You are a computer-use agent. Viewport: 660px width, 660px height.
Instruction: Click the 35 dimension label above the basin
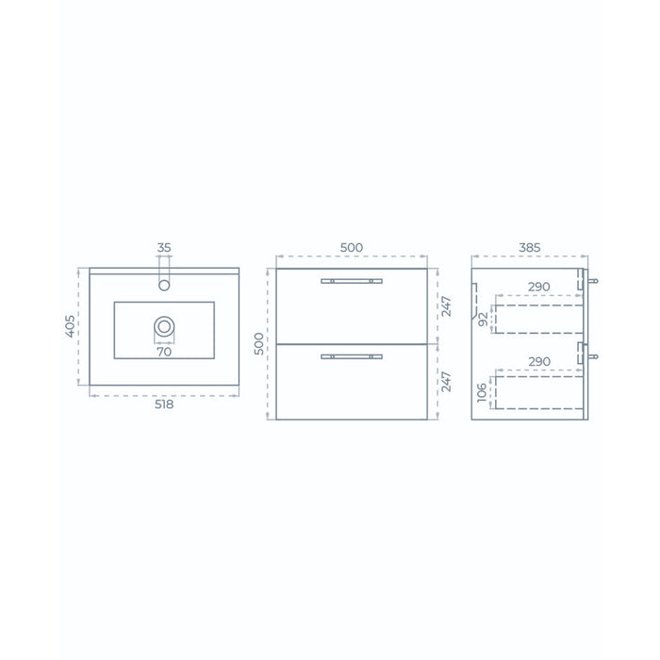164,247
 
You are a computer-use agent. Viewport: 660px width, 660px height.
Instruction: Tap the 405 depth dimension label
71,326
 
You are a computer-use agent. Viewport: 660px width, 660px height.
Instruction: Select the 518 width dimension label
164,404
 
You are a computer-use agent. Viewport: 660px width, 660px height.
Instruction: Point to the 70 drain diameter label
164,352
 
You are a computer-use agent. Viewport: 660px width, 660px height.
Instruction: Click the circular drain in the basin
164,326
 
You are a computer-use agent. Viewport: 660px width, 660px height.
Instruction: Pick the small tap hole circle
164,285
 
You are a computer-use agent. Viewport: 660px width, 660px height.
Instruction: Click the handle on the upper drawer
352,281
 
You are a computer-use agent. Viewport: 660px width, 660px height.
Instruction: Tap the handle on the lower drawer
352,356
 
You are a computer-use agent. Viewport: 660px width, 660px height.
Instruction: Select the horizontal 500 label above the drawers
352,247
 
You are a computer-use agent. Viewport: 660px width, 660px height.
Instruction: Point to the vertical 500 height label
259,343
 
